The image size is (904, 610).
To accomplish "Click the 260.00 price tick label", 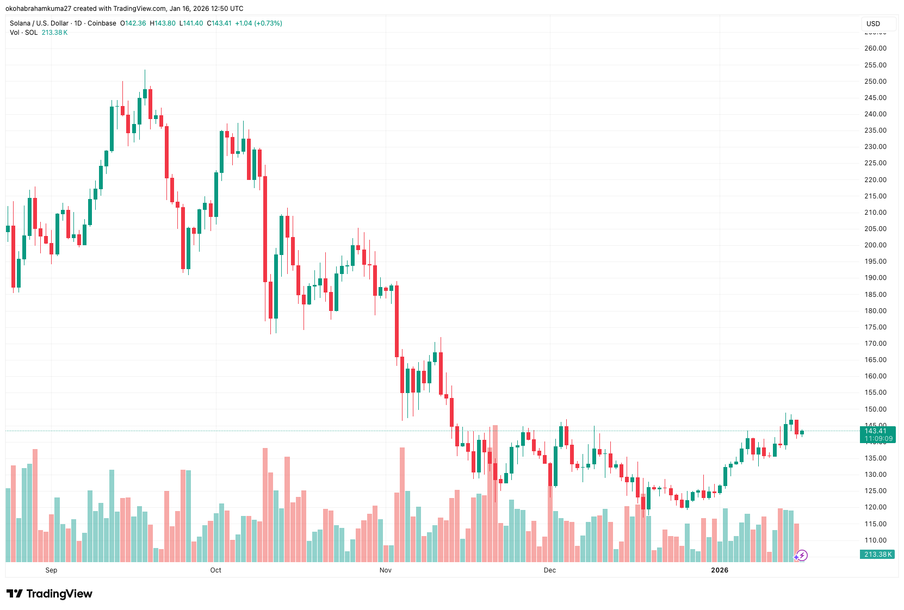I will click(x=875, y=48).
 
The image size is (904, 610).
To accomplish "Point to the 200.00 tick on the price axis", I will click(x=875, y=245).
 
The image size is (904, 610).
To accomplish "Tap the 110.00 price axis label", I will click(x=875, y=540).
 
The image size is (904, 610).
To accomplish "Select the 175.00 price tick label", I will click(x=875, y=327).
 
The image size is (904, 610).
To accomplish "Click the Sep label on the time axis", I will click(x=51, y=570).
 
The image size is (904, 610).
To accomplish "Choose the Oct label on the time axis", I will click(x=216, y=570).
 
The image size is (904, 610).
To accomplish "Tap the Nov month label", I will click(x=386, y=570).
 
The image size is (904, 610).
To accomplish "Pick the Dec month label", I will click(x=550, y=570).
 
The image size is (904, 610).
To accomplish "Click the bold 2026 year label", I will click(x=720, y=570).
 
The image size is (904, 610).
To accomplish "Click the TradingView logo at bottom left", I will click(x=49, y=594).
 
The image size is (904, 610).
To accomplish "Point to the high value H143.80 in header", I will click(x=163, y=23).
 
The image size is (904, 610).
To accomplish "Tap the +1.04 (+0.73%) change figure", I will click(x=258, y=23).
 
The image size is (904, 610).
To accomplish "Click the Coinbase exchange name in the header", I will click(x=102, y=23).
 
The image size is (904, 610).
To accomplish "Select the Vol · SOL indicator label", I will click(x=23, y=33).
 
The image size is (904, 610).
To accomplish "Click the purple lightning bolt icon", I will click(x=802, y=556).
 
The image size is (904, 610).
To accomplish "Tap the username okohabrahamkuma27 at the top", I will click(x=38, y=9).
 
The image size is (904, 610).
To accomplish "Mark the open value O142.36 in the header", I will click(x=133, y=23).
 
